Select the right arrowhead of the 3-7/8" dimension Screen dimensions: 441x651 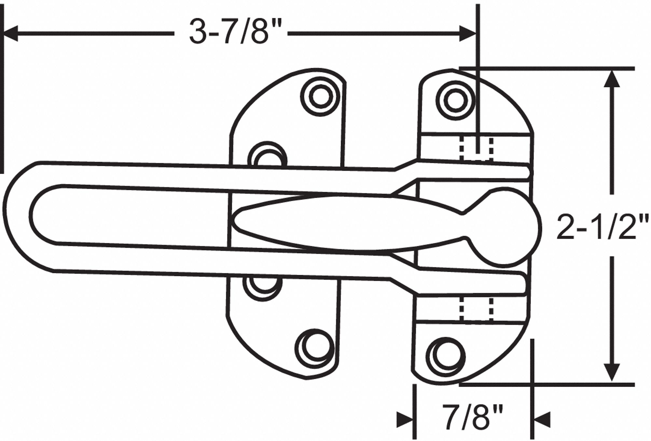(x=467, y=34)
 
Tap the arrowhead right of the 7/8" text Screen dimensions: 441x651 (x=542, y=419)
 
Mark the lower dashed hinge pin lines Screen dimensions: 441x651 (x=476, y=308)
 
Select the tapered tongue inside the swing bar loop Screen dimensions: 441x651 (x=325, y=225)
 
